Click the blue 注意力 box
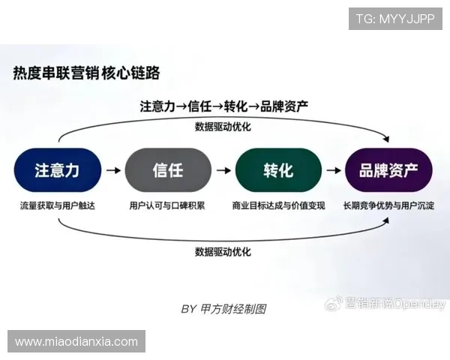click(x=57, y=170)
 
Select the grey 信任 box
click(x=168, y=170)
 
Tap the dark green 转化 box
click(x=277, y=170)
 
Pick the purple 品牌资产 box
click(x=388, y=170)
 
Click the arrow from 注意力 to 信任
click(x=112, y=170)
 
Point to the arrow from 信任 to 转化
click(x=223, y=170)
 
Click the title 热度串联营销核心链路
click(x=85, y=73)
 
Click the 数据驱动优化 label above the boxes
click(x=223, y=126)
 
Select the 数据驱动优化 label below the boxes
click(x=223, y=250)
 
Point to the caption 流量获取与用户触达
click(x=57, y=205)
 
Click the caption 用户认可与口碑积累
click(x=167, y=205)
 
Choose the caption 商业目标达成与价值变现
click(x=277, y=205)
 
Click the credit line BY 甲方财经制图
click(x=223, y=308)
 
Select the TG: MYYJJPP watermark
click(x=395, y=18)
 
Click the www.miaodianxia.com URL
click(x=76, y=341)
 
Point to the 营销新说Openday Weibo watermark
click(x=385, y=304)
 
